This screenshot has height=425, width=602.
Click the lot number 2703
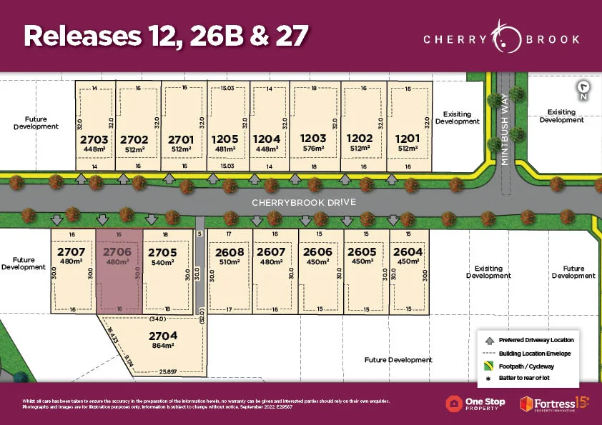coord(94,139)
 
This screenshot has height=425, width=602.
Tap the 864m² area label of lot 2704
coord(162,345)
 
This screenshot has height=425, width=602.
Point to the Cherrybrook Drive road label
coord(303,203)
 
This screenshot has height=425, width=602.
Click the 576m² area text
coord(313,149)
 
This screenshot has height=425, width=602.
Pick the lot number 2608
coord(230,252)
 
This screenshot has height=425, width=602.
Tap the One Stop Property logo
coord(475,403)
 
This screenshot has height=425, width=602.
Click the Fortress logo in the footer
coord(554,403)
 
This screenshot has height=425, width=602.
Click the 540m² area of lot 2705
coord(162,262)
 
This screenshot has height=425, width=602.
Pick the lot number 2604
coord(408,252)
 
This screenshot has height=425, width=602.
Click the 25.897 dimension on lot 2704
coord(168,372)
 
